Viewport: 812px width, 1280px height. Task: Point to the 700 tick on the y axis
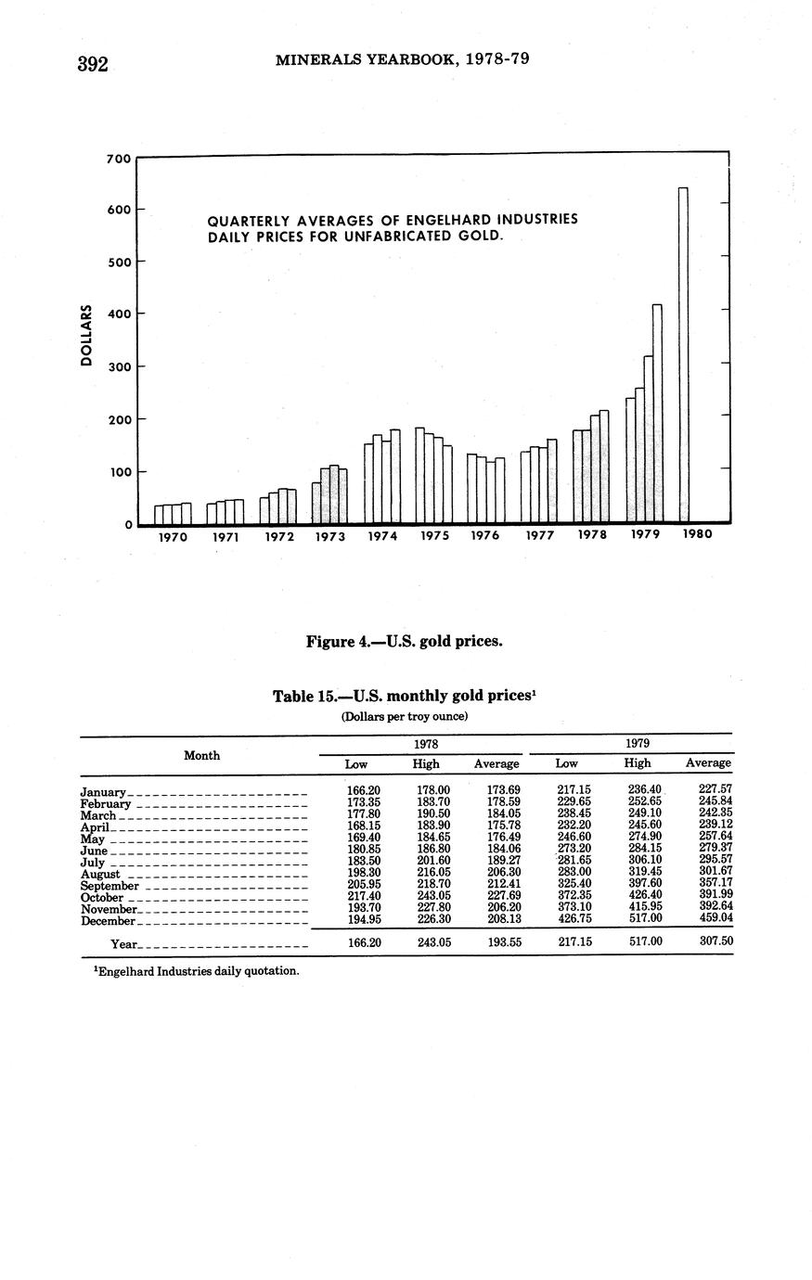pos(119,159)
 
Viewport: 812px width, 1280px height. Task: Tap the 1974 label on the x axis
pos(382,536)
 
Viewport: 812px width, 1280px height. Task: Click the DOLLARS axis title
pos(86,335)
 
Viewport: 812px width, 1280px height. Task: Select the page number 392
pos(93,64)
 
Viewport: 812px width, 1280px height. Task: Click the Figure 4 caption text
pos(405,641)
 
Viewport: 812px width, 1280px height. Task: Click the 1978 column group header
pos(425,744)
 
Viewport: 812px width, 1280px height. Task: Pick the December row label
pos(109,921)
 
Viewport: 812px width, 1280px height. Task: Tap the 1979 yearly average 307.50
pos(715,941)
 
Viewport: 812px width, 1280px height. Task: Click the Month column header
pos(202,755)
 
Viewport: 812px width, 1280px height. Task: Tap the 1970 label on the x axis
pos(173,536)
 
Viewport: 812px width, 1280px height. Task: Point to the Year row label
pos(124,944)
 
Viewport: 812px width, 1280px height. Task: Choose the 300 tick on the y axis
pos(119,367)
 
